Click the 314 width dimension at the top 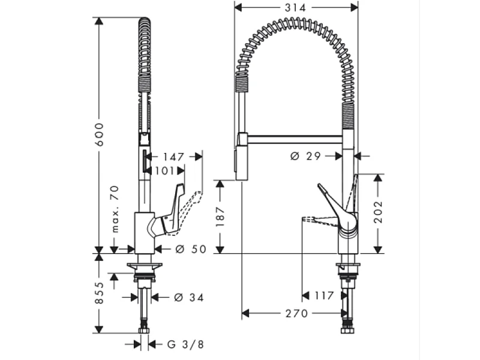pyautogui.click(x=295, y=8)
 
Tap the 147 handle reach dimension pyautogui.click(x=173, y=157)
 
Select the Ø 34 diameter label pyautogui.click(x=187, y=297)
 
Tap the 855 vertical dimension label pyautogui.click(x=100, y=293)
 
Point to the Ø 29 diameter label pyautogui.click(x=306, y=156)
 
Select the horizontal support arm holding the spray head pyautogui.click(x=294, y=139)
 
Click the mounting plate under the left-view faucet pyautogui.click(x=144, y=265)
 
